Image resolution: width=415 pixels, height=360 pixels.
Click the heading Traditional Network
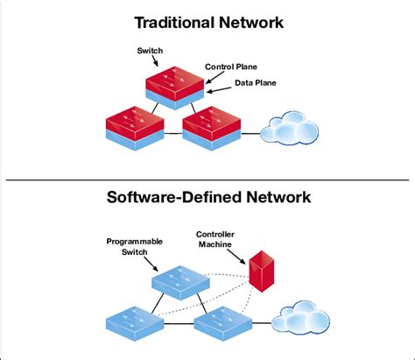tap(207, 21)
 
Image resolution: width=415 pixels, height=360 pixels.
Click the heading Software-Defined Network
tap(207, 198)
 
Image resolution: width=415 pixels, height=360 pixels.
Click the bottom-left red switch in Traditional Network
tap(134, 128)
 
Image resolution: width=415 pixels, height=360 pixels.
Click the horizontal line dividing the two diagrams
tap(207, 180)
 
